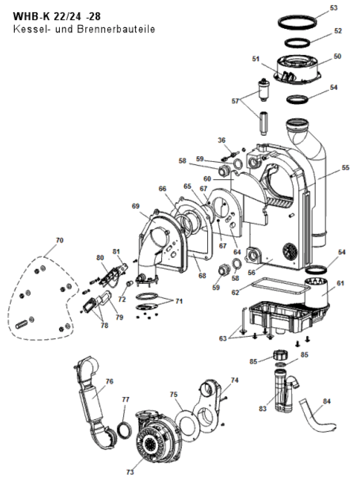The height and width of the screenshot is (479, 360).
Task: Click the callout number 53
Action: click(x=334, y=8)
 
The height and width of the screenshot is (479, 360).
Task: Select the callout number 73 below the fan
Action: click(x=130, y=472)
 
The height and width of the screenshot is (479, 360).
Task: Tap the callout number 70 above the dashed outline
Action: click(x=59, y=240)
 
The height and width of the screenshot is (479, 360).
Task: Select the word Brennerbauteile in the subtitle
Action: click(x=116, y=29)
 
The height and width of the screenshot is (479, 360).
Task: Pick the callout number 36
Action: click(x=221, y=140)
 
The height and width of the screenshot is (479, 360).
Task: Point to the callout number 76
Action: click(x=109, y=381)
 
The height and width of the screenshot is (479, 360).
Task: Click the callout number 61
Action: click(x=341, y=283)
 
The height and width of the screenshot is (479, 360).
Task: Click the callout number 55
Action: click(x=346, y=167)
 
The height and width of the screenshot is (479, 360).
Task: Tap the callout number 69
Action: click(x=135, y=206)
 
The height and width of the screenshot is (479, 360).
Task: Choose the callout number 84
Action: click(x=327, y=401)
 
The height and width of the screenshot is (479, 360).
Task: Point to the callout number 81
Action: click(x=116, y=251)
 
